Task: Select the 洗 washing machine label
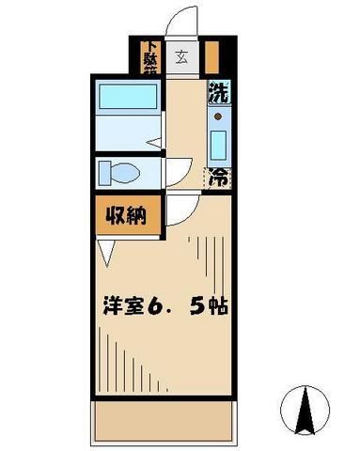point(218,94)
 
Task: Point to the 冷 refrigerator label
point(218,176)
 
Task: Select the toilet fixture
point(120,172)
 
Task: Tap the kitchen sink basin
point(219,145)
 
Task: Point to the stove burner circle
point(219,117)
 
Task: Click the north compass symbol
point(305,407)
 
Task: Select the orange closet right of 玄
point(211,57)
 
